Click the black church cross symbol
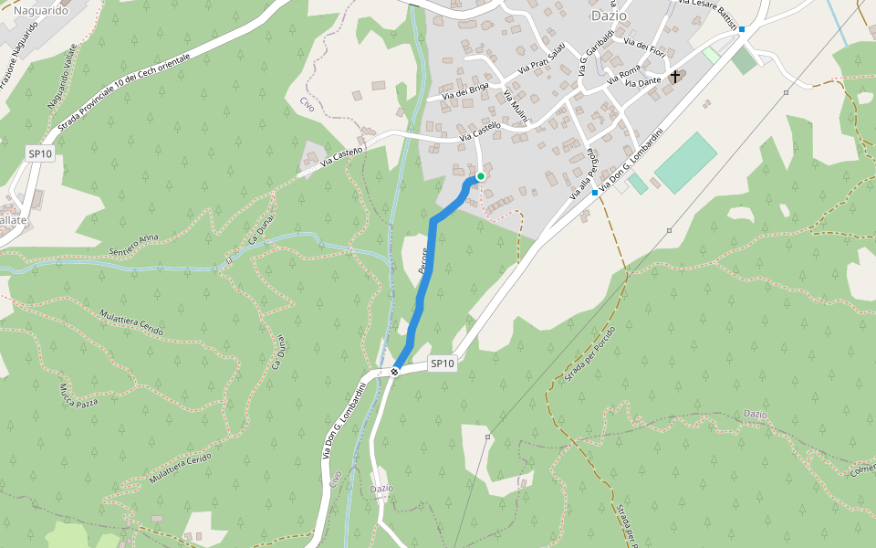click(x=675, y=76)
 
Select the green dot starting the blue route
click(x=481, y=176)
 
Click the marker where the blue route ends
click(x=394, y=372)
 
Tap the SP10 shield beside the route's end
click(x=442, y=364)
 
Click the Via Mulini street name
click(x=515, y=108)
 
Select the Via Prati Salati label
click(x=542, y=58)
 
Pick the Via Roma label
click(x=630, y=71)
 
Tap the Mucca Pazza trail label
click(x=78, y=395)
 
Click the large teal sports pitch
click(x=686, y=163)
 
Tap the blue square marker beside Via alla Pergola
click(x=595, y=193)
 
